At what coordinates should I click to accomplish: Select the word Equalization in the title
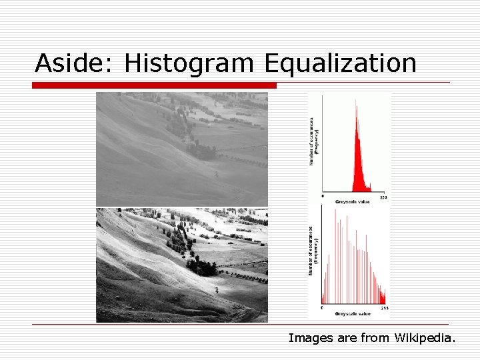340,64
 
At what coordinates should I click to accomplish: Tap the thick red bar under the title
154,85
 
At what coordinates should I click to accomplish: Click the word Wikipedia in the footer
425,338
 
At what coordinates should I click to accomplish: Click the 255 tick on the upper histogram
383,197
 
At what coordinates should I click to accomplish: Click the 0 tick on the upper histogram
323,197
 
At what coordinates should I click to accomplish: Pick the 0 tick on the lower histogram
323,309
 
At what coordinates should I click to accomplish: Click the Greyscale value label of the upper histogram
353,201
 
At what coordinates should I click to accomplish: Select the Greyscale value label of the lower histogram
353,313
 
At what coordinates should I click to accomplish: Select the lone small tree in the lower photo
216,290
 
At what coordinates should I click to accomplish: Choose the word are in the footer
347,338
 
